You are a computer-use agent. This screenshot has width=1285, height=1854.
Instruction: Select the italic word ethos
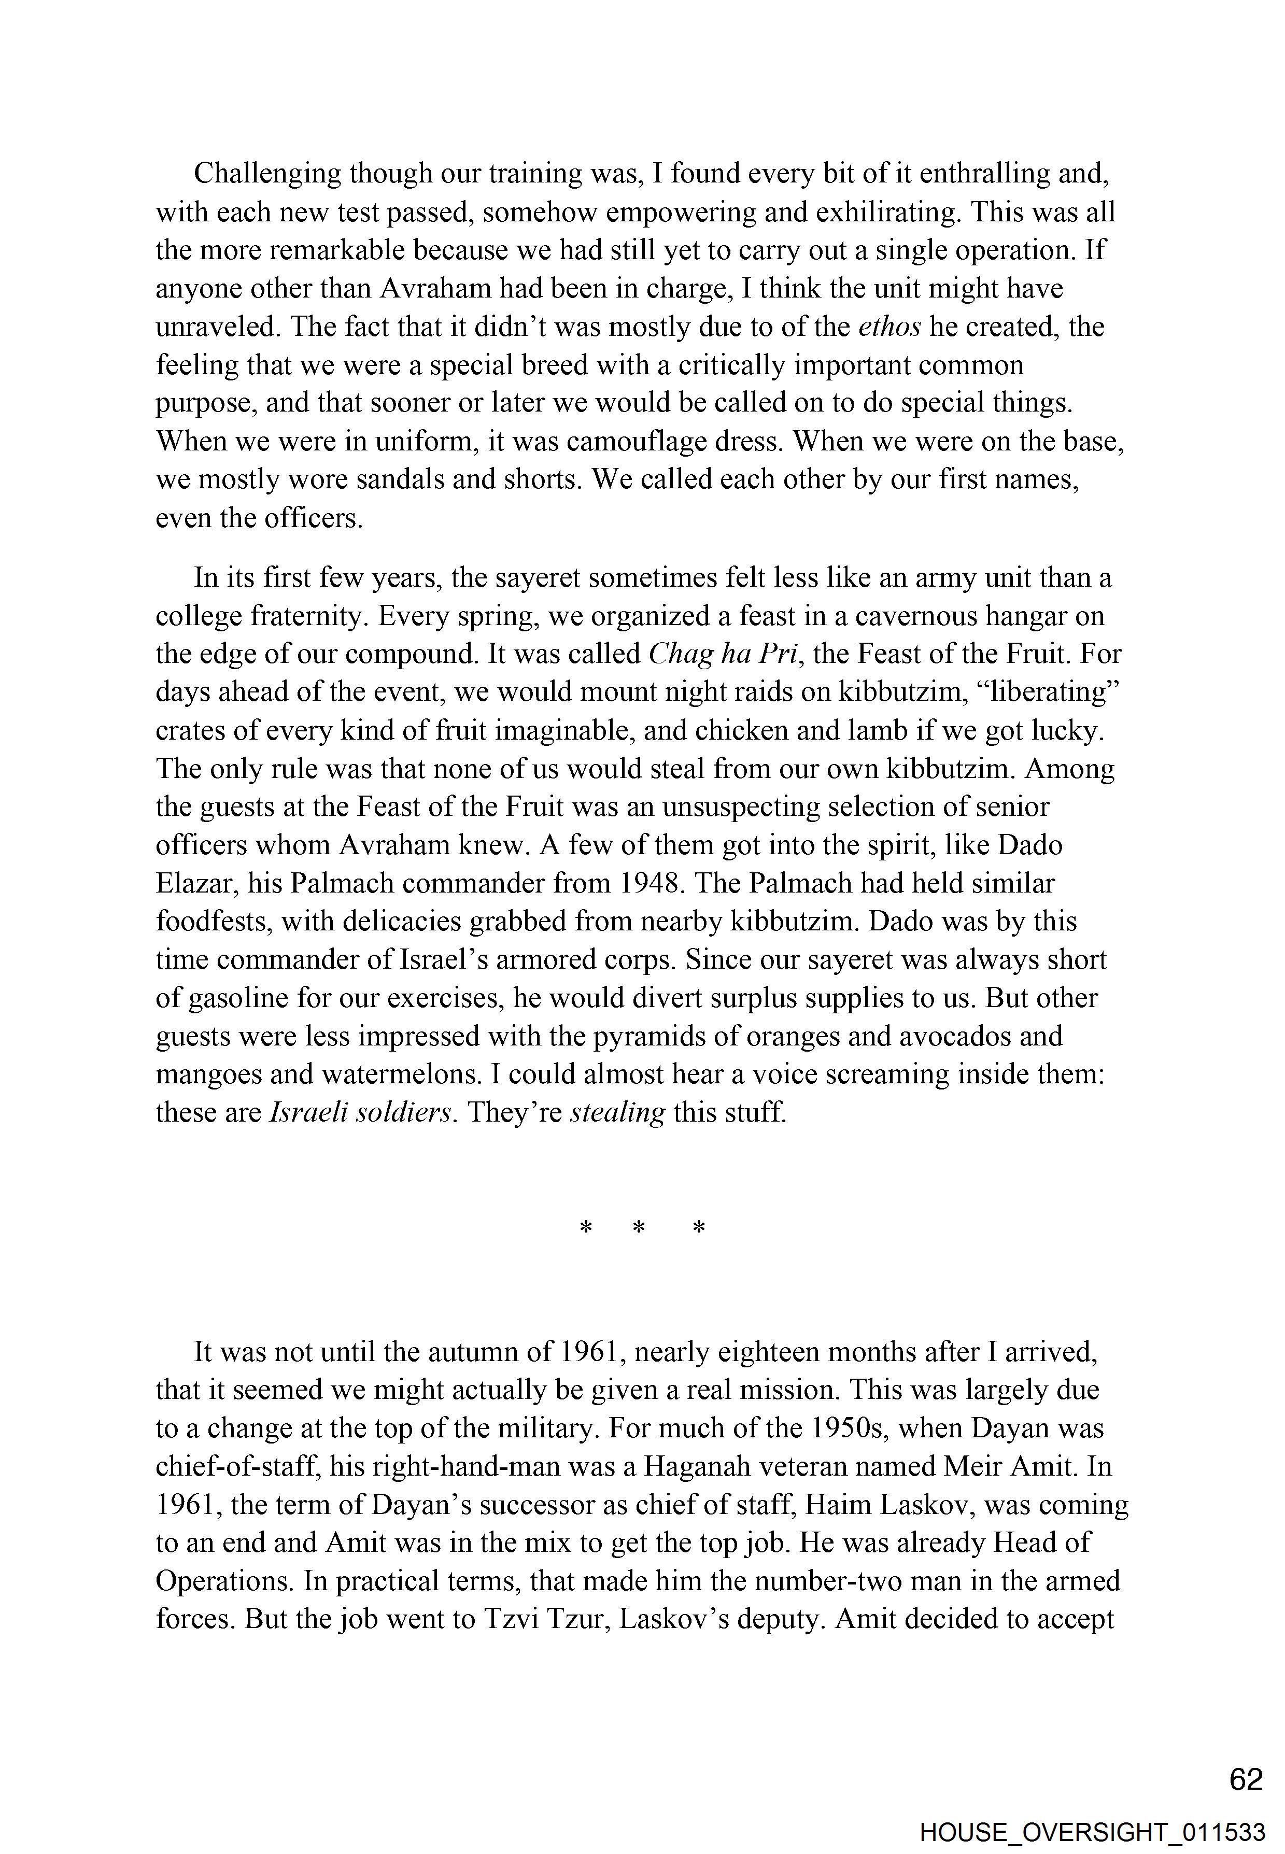point(889,328)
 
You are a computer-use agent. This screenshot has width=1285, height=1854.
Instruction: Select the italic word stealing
point(617,1113)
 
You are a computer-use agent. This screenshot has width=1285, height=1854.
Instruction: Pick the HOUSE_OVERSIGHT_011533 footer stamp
point(1093,1832)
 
